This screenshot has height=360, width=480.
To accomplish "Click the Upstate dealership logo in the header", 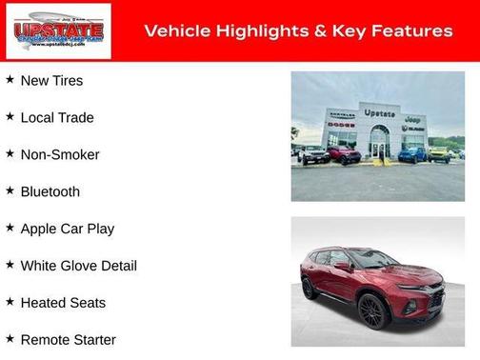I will click(x=59, y=31).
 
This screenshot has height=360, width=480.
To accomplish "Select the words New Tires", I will click(x=51, y=81).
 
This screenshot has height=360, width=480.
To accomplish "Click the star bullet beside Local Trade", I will click(x=10, y=116).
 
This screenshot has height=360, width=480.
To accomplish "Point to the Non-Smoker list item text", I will click(x=59, y=154).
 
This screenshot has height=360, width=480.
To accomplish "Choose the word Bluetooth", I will click(x=50, y=191).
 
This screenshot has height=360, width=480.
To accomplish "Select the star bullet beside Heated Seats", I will click(x=10, y=302).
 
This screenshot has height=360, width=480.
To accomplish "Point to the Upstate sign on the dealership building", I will click(x=379, y=113).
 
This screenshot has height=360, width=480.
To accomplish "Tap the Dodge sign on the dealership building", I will click(x=341, y=125).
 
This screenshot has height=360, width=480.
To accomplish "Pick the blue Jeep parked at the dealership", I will click(x=412, y=153).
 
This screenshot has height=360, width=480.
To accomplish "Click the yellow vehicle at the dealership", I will click(x=438, y=153).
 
